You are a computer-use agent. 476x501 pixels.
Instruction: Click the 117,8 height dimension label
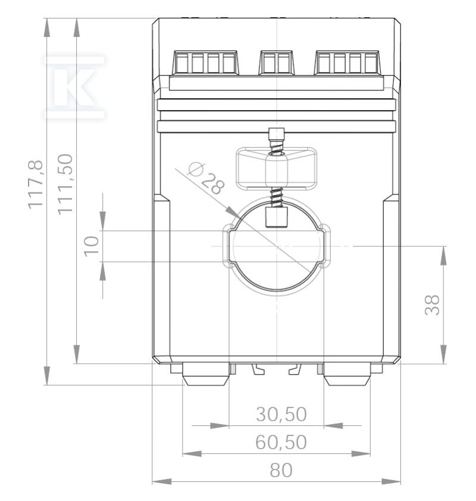pos(36,184)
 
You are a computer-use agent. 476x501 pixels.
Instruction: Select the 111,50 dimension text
pos(65,184)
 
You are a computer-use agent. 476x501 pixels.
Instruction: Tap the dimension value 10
pos(92,246)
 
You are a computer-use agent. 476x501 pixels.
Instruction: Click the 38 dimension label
pos(432,305)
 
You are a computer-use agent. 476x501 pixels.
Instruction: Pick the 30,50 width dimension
pos(281,414)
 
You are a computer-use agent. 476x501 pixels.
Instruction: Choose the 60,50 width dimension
pos(281,442)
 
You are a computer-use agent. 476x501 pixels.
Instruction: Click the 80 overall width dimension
pos(281,470)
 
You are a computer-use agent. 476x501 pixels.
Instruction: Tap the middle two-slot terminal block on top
pos(276,62)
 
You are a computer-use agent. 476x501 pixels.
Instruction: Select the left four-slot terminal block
pos(205,62)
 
